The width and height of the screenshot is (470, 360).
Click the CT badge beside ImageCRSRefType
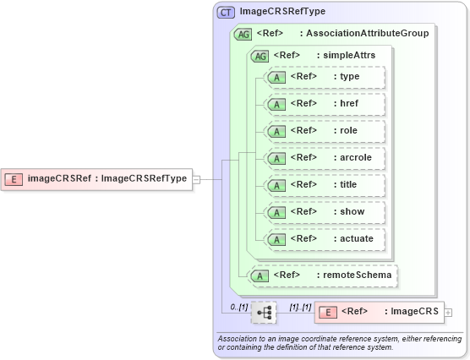(x=227, y=12)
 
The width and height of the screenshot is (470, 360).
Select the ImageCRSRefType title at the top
(x=282, y=12)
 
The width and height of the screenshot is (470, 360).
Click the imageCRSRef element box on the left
(x=97, y=178)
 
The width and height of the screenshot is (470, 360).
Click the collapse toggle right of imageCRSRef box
(x=196, y=178)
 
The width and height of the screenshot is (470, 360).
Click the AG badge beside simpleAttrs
(x=260, y=56)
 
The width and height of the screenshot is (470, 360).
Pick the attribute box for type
(x=325, y=78)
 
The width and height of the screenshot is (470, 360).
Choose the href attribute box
(x=325, y=105)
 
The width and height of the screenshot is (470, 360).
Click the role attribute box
(x=325, y=132)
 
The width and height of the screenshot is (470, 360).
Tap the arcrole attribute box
(x=325, y=158)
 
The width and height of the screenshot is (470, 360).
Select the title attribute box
(x=325, y=185)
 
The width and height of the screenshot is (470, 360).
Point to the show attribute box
(x=325, y=212)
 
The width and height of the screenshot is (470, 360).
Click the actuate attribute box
(x=325, y=239)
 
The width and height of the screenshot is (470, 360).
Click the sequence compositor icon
(x=265, y=312)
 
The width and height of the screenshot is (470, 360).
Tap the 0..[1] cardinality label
(x=239, y=307)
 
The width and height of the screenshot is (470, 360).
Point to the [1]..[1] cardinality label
(x=300, y=307)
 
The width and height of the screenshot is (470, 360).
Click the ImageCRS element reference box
(x=379, y=312)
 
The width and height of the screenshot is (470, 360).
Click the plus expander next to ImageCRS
(x=449, y=312)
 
